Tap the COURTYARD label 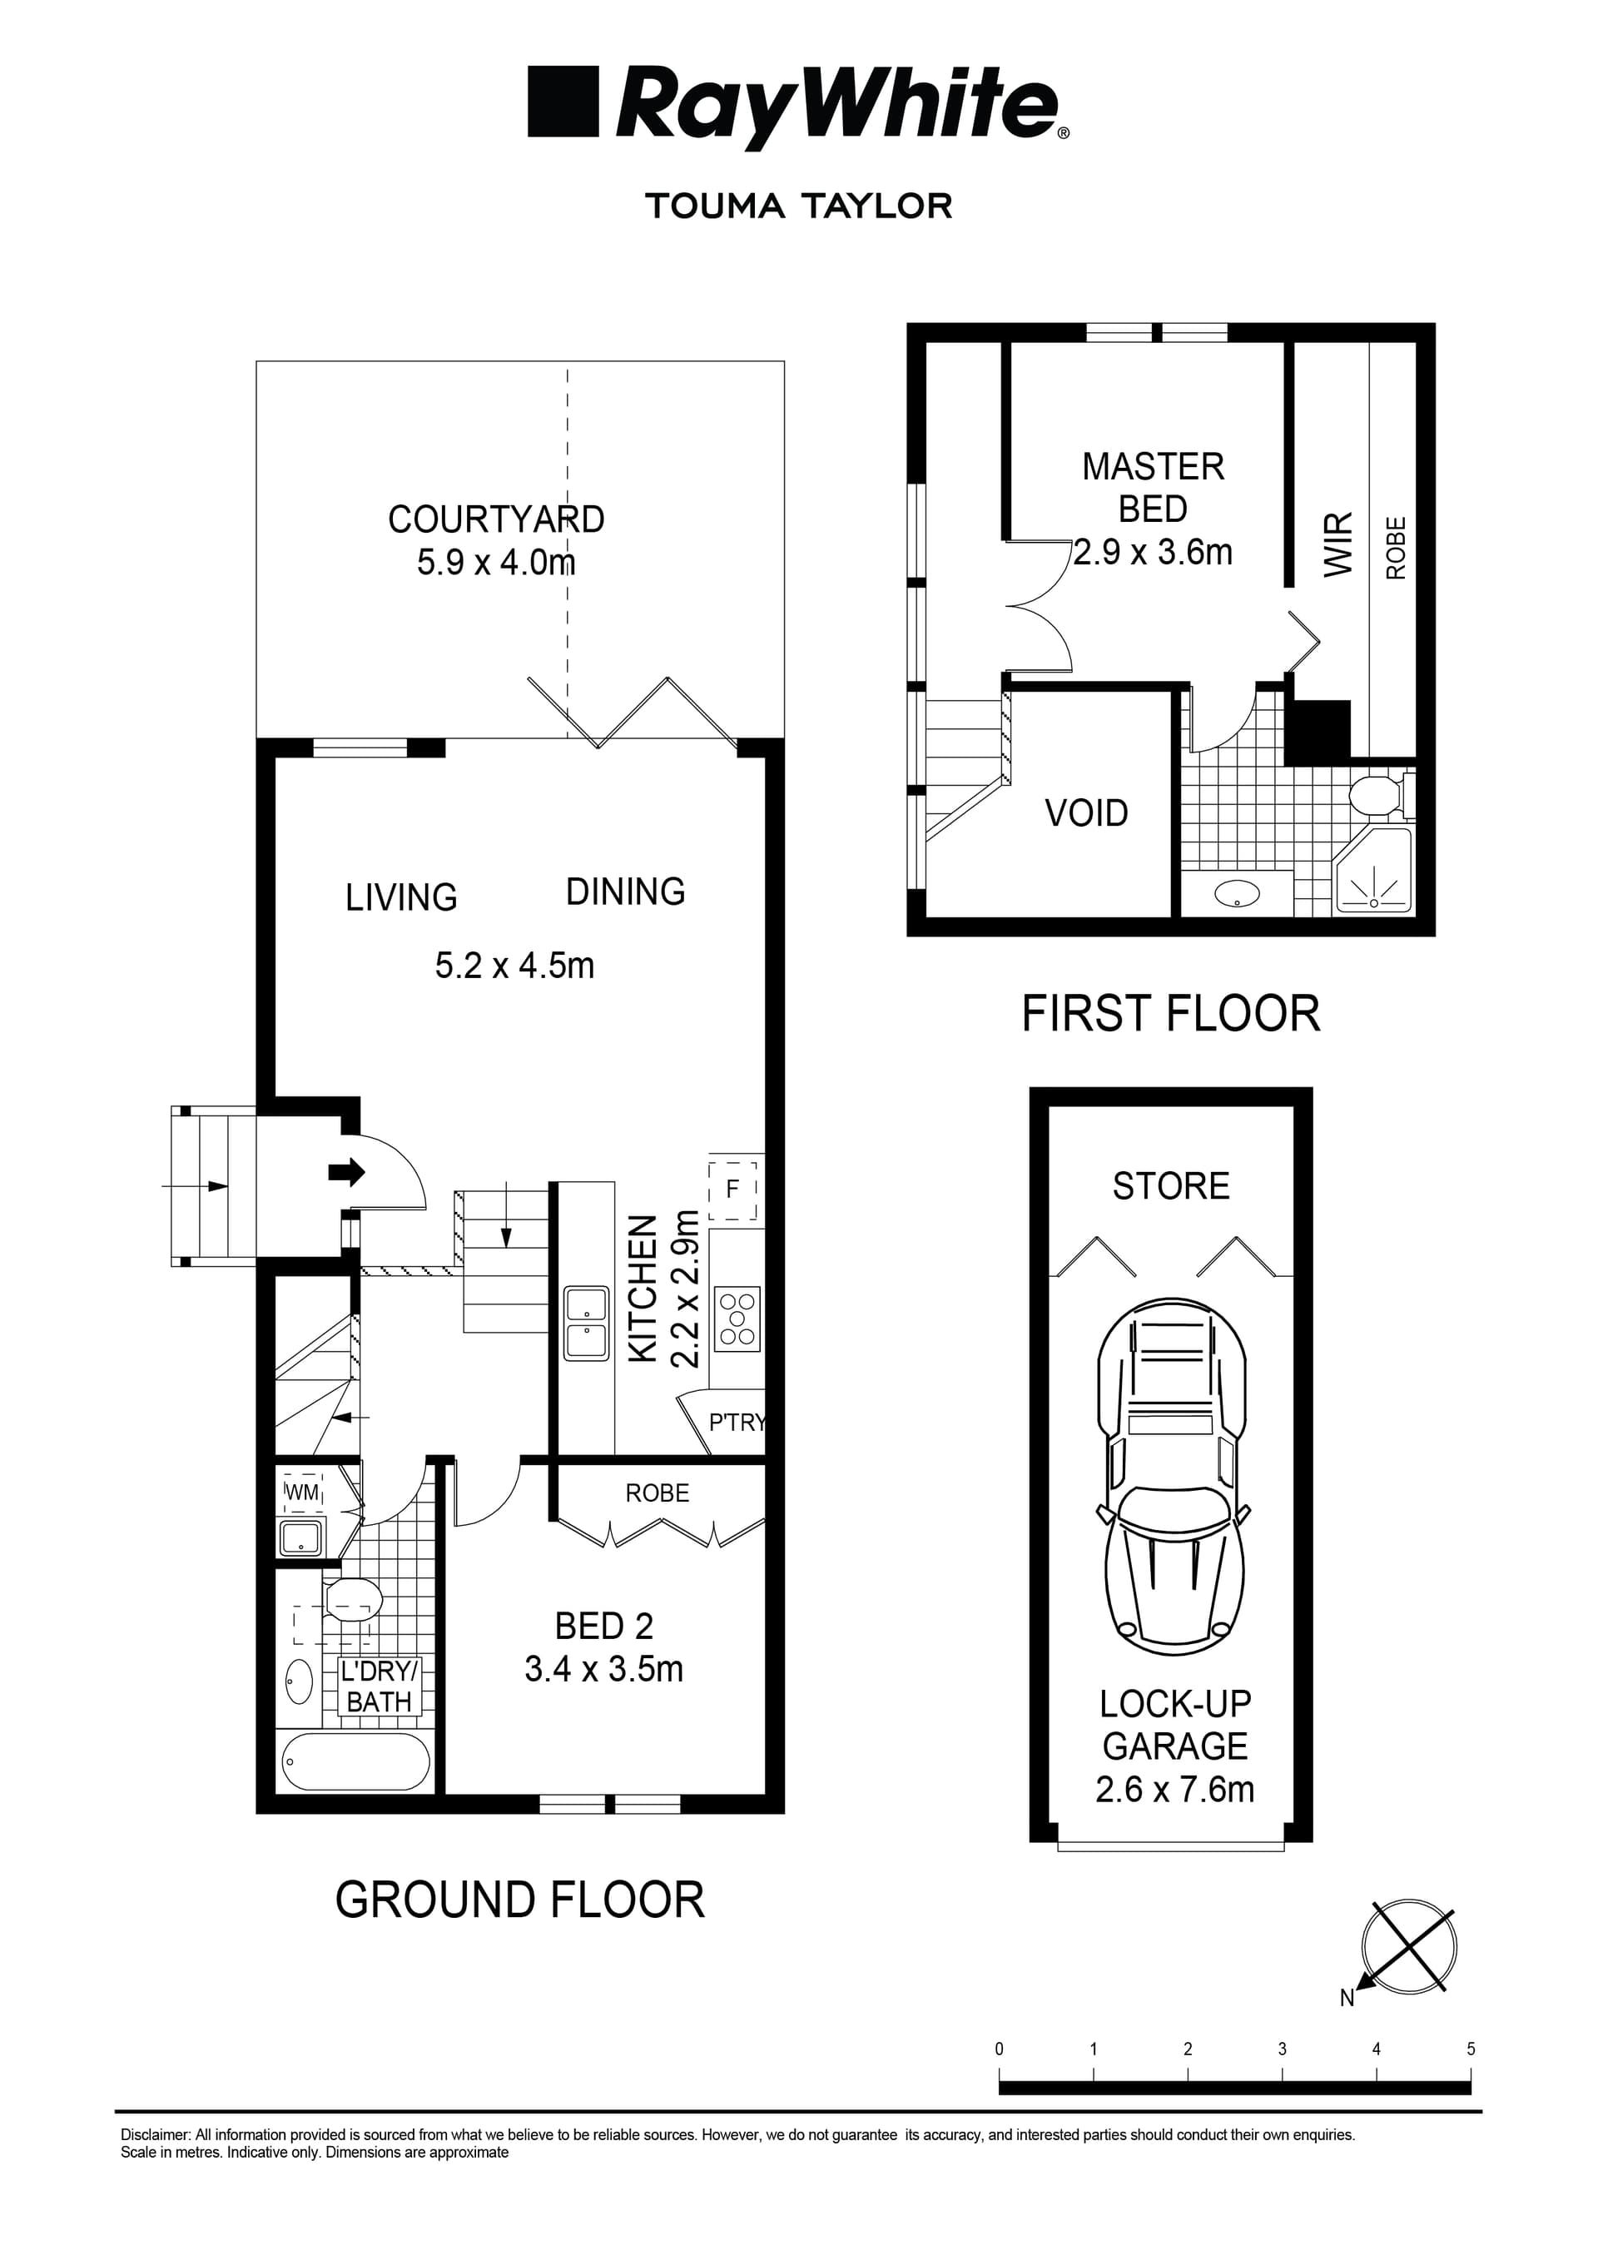pyautogui.click(x=496, y=519)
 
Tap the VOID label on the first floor pyautogui.click(x=1086, y=813)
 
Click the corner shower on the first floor pyautogui.click(x=1373, y=873)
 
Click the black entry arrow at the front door pyautogui.click(x=345, y=1171)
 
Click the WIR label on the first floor pyautogui.click(x=1339, y=544)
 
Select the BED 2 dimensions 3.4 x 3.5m pyautogui.click(x=603, y=1670)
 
